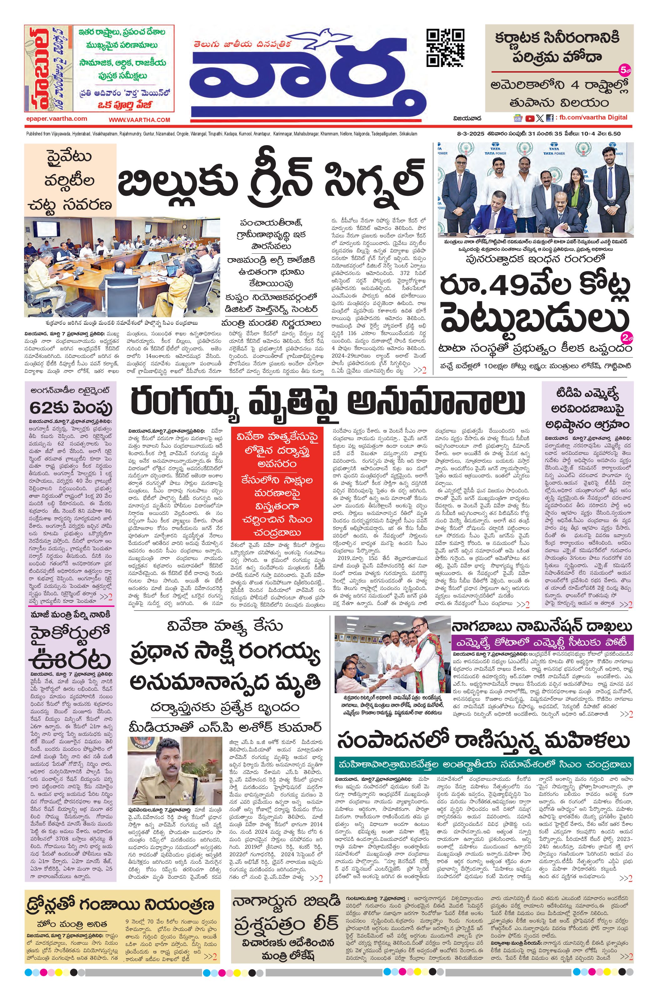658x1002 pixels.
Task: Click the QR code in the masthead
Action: click(445, 47)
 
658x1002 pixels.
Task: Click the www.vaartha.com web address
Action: click(139, 120)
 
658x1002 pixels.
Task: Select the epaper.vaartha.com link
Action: click(56, 119)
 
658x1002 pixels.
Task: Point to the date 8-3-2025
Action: click(470, 134)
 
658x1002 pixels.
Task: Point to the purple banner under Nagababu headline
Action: click(541, 643)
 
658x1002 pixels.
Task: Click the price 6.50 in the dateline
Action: click(613, 134)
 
